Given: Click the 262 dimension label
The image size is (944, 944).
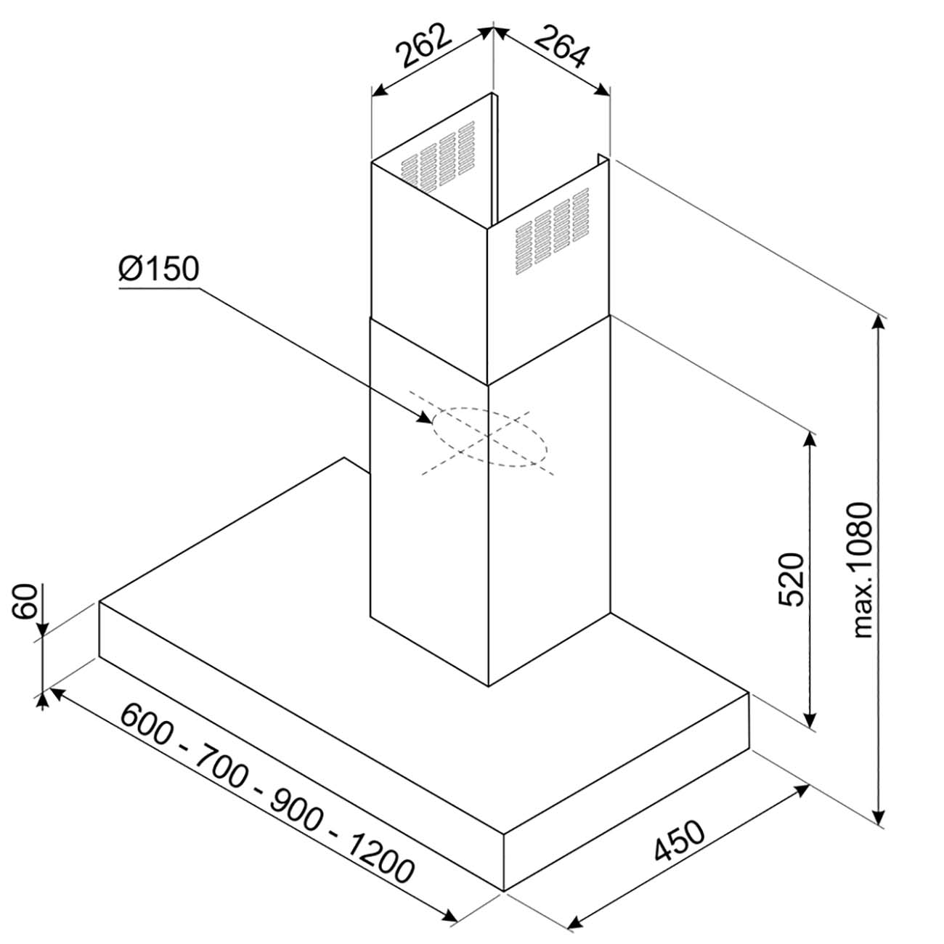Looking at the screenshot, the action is (422, 45).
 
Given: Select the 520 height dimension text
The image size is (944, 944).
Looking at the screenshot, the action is (792, 580).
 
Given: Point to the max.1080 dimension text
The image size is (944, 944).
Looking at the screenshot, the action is (862, 570).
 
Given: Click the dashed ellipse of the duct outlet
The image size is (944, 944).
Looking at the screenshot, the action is (490, 408).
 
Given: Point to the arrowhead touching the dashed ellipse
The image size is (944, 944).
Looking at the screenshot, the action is (424, 418).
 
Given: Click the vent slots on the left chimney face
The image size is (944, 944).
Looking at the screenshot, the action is (438, 155).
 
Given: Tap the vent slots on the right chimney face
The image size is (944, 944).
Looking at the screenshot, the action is (552, 231).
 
